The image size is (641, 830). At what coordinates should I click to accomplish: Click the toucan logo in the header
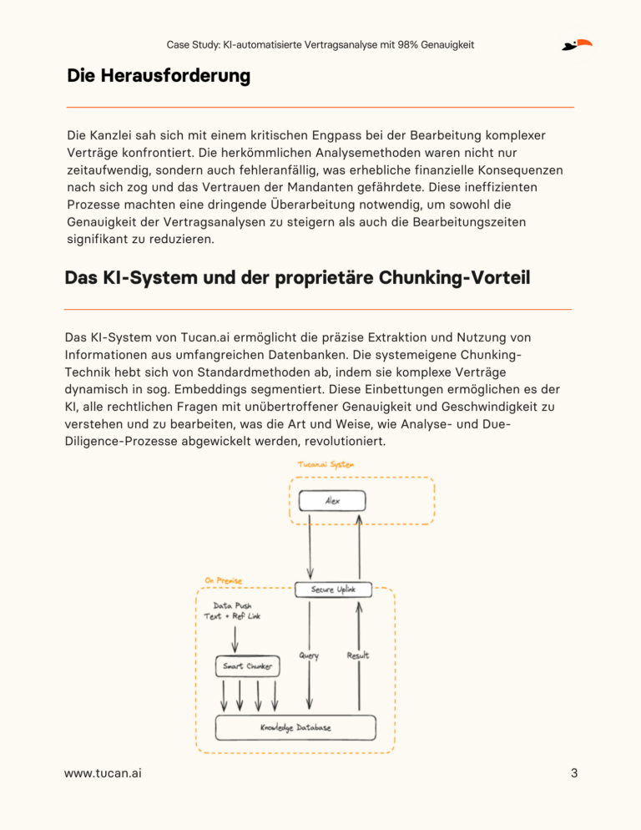click(x=577, y=44)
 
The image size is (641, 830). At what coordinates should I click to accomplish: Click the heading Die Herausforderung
click(x=159, y=77)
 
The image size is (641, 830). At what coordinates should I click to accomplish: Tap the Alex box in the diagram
click(x=333, y=501)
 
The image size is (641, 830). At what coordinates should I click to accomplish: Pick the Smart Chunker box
click(x=247, y=666)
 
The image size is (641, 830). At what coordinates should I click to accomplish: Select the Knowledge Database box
click(x=295, y=727)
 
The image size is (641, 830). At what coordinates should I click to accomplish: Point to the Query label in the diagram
click(x=308, y=655)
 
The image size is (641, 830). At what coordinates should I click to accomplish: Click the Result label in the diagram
click(x=358, y=655)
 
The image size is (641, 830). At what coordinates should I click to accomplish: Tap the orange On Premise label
click(x=223, y=580)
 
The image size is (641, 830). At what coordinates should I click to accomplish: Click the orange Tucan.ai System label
click(x=326, y=464)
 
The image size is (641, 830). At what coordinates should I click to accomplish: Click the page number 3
click(x=574, y=773)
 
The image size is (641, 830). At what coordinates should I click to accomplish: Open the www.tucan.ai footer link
click(x=103, y=773)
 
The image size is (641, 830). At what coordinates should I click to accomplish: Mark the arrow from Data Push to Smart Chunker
click(x=235, y=640)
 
